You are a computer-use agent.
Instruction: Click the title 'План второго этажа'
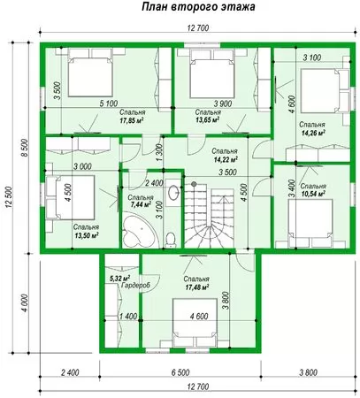(198, 7)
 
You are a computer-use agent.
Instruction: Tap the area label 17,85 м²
(132, 120)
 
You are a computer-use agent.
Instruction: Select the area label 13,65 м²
(208, 120)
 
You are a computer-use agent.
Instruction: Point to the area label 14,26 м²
(313, 133)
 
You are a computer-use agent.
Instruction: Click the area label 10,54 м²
(313, 194)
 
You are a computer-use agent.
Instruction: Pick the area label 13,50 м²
(86, 235)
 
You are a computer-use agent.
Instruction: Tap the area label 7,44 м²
(141, 205)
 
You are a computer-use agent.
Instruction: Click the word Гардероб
(136, 286)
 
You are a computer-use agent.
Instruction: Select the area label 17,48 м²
(196, 287)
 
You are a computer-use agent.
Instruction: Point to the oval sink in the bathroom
(172, 193)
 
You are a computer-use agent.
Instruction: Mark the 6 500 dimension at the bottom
(180, 372)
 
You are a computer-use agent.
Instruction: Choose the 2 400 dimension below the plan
(70, 372)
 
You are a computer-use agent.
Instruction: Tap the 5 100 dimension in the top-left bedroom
(109, 103)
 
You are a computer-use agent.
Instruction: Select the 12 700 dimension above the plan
(198, 28)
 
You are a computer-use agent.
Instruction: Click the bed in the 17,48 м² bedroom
(195, 323)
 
